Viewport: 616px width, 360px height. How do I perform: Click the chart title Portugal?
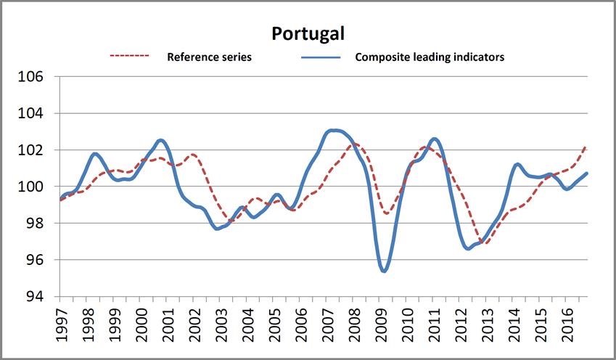coord(308,33)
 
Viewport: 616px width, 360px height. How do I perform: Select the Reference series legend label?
coord(210,57)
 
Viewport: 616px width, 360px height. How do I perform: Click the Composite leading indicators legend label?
coord(430,57)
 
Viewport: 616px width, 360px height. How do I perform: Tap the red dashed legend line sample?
coord(129,56)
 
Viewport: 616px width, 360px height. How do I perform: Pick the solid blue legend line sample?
coord(319,57)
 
